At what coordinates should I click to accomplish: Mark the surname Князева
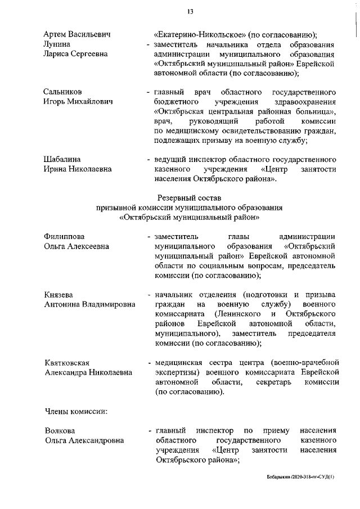pos(59,295)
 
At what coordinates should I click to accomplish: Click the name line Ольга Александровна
pos(85,441)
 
